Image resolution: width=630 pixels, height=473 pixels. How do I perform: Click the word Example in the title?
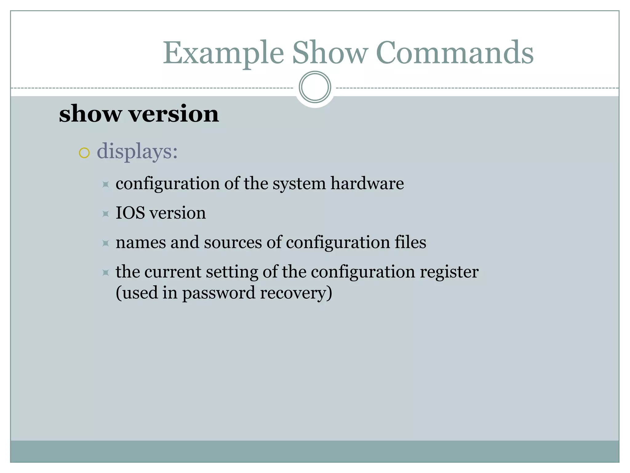click(x=223, y=53)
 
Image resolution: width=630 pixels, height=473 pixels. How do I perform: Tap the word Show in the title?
click(x=330, y=53)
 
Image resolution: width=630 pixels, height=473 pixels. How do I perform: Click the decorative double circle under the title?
click(x=315, y=87)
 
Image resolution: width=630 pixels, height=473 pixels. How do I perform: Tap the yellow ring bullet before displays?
click(x=84, y=153)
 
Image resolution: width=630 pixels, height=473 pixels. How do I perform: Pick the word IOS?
click(x=130, y=213)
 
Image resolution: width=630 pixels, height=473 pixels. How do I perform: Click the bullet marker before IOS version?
click(x=106, y=214)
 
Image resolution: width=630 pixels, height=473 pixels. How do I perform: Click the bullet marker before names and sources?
click(x=106, y=243)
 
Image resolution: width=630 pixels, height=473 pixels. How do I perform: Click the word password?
click(x=219, y=293)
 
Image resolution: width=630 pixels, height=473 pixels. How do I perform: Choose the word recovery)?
click(x=296, y=293)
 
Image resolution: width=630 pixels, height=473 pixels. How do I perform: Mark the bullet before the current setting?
click(x=106, y=273)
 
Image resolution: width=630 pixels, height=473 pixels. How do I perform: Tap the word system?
click(x=299, y=184)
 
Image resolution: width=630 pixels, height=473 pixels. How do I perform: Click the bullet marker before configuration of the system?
click(x=106, y=184)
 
